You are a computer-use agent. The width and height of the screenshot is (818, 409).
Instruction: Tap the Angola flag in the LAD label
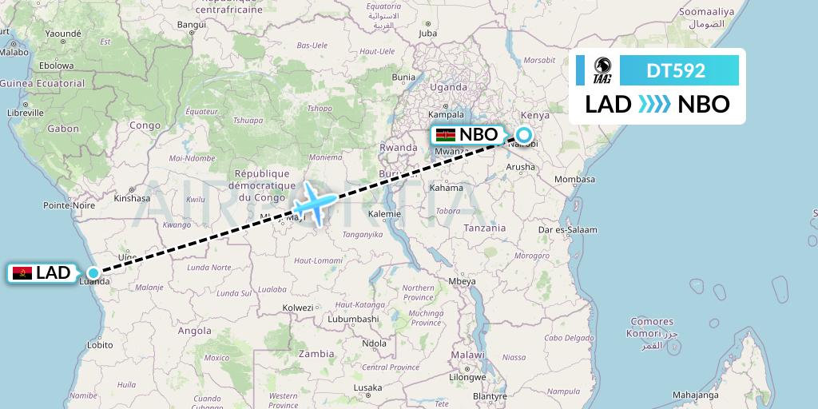pyautogui.click(x=22, y=273)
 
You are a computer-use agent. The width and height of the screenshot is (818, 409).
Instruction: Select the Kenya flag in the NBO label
pyautogui.click(x=446, y=135)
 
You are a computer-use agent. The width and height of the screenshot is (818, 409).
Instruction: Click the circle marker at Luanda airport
pyautogui.click(x=93, y=272)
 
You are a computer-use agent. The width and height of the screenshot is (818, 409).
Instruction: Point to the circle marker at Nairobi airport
pyautogui.click(x=523, y=134)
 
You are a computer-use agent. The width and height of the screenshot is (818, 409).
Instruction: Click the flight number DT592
pyautogui.click(x=676, y=70)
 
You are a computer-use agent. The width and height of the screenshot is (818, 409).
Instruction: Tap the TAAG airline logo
pyautogui.click(x=602, y=70)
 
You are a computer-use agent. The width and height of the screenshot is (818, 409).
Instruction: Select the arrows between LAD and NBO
pyautogui.click(x=655, y=104)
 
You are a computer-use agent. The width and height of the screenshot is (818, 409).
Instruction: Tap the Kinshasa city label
pyautogui.click(x=133, y=198)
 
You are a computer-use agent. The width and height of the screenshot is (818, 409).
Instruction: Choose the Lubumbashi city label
pyautogui.click(x=354, y=319)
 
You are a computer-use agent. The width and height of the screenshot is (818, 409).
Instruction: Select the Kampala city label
pyautogui.click(x=447, y=114)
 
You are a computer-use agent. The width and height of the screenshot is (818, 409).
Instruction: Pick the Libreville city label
pyautogui.click(x=25, y=113)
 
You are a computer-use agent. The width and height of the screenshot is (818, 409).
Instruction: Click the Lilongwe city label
pyautogui.click(x=468, y=376)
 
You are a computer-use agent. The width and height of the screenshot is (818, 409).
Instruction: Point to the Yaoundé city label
pyautogui.click(x=64, y=34)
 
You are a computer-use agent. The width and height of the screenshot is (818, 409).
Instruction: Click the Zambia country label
pyautogui.click(x=316, y=353)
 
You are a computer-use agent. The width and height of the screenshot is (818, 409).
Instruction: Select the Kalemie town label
pyautogui.click(x=384, y=214)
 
